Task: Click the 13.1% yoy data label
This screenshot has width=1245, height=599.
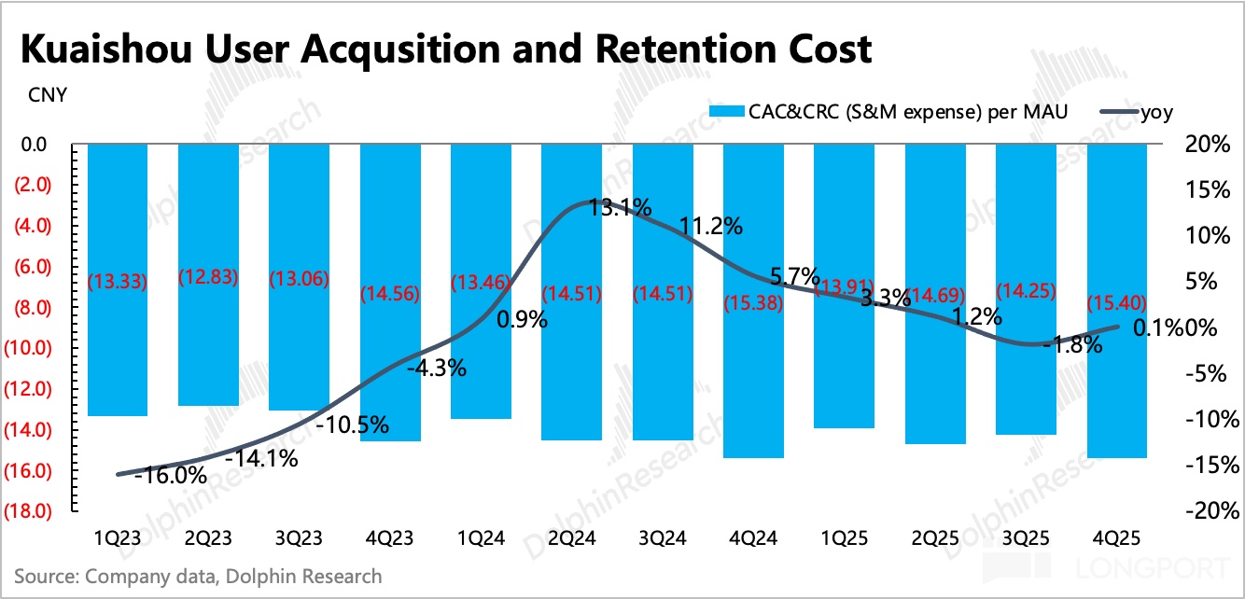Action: point(621,207)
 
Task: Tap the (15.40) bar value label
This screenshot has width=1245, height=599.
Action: point(1118,303)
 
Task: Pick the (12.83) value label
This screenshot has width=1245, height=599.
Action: point(207,278)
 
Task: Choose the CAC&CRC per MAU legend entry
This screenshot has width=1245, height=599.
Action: point(887,112)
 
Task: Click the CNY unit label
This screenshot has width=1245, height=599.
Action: point(47,96)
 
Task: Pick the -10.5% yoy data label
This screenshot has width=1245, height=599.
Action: point(352,425)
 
